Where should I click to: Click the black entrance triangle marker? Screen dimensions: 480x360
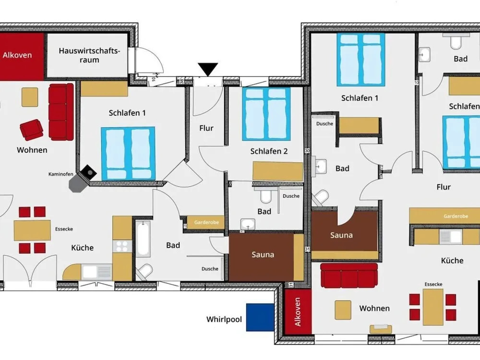(208, 69)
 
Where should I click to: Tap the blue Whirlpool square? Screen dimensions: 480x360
(260, 317)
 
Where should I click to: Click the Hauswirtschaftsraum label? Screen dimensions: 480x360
(89, 55)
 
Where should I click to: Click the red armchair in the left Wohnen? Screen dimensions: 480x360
(31, 130)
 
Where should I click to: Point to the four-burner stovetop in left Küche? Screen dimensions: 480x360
(122, 246)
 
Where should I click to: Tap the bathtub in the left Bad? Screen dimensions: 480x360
(143, 239)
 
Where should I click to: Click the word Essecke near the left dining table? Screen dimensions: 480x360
(64, 229)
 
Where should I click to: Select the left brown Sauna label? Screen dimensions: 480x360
(263, 254)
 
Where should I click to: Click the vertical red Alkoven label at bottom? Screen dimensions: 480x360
(297, 312)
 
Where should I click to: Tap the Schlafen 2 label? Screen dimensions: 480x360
(269, 151)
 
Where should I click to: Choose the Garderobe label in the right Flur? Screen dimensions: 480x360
(456, 216)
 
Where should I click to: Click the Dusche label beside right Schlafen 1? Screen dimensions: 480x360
(324, 124)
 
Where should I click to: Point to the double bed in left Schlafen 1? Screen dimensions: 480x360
(128, 154)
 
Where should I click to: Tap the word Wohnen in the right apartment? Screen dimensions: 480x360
(374, 308)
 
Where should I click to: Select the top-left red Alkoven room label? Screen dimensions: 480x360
(17, 55)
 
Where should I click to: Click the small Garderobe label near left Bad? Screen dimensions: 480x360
(206, 222)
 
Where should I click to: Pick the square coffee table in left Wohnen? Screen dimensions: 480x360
(30, 97)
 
